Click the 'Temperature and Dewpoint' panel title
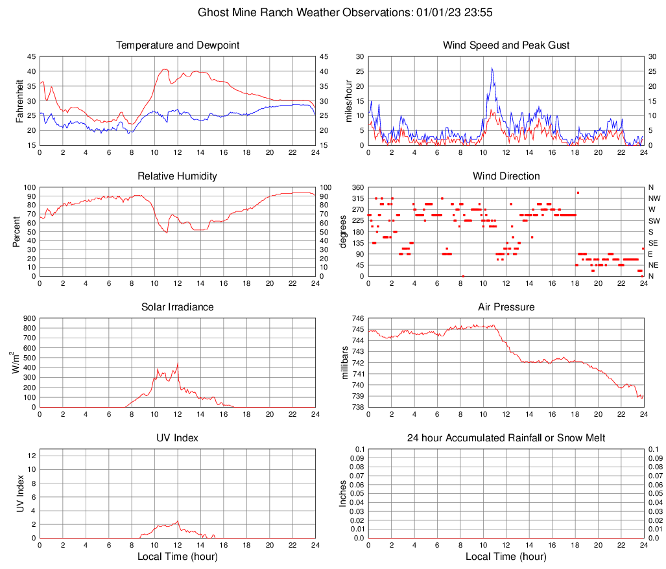(x=178, y=45)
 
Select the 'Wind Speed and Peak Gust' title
(x=506, y=45)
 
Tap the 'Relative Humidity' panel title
(x=178, y=176)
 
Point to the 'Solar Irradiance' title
(x=178, y=307)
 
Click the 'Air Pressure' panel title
(x=506, y=307)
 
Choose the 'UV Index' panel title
(x=178, y=438)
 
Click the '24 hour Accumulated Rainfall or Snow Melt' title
(x=506, y=438)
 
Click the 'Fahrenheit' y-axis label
(x=19, y=100)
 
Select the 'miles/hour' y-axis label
(x=348, y=100)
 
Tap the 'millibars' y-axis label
(x=345, y=363)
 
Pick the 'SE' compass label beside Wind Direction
(x=652, y=243)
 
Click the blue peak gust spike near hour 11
(x=492, y=69)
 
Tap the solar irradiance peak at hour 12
(x=178, y=364)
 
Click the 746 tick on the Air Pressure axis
(x=357, y=319)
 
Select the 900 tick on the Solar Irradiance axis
(x=30, y=319)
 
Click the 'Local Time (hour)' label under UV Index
(x=178, y=557)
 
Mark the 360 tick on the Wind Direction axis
(x=357, y=187)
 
